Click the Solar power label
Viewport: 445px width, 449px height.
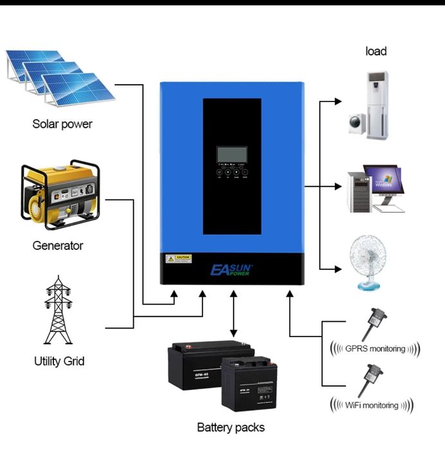coord(62,124)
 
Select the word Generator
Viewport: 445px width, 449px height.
coord(58,245)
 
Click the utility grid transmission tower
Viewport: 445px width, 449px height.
coord(59,309)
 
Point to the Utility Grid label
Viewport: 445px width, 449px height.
coord(59,361)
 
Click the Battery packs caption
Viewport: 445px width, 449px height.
coord(230,427)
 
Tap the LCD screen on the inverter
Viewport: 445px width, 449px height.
coord(232,154)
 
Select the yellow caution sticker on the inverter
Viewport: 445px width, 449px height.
coord(179,259)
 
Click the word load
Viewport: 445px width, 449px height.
coord(376,51)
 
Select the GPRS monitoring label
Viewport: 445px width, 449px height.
coord(375,349)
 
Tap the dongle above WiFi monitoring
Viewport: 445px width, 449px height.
coord(371,379)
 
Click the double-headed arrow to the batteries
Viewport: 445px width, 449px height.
coord(234,315)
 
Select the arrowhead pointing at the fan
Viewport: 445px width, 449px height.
coord(338,270)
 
